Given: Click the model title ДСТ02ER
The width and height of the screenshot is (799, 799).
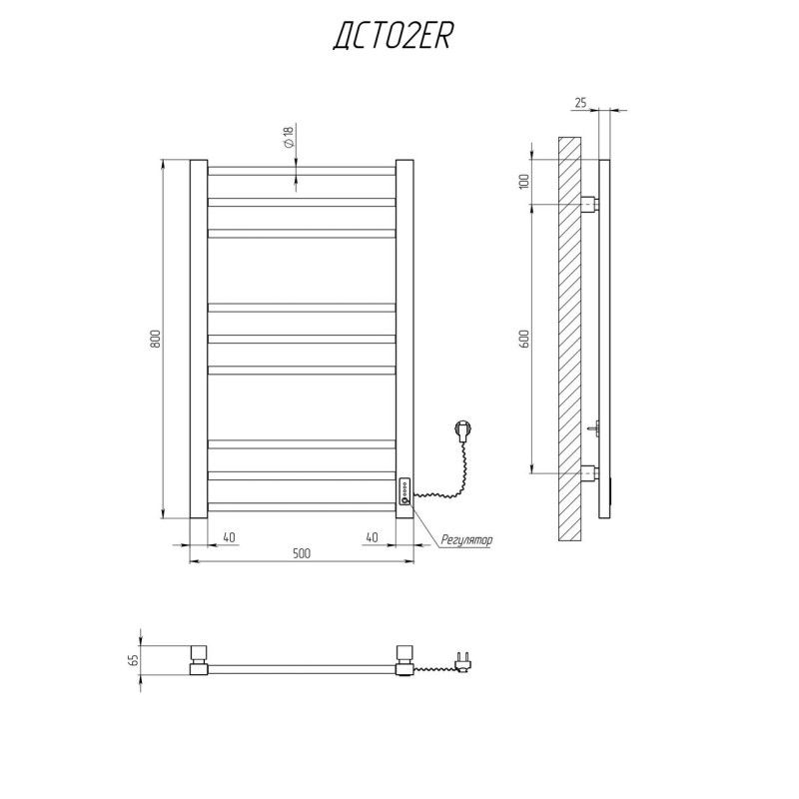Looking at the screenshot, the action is point(393,37).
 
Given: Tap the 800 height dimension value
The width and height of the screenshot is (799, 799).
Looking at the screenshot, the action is point(155,339).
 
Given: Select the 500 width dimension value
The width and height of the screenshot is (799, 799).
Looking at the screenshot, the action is point(302,553).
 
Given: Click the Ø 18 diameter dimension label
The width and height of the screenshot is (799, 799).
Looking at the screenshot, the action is point(289,138).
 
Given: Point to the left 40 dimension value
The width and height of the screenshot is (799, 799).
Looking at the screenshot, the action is point(230,537).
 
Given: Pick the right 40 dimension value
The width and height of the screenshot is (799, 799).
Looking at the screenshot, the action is point(372,537).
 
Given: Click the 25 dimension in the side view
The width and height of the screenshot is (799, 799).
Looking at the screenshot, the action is point(580,103).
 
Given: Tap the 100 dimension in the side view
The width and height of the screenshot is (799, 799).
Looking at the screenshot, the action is point(525,182).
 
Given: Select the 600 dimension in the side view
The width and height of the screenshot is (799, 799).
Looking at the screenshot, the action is point(525,339).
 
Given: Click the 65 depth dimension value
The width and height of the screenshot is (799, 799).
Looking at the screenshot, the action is point(134,660).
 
